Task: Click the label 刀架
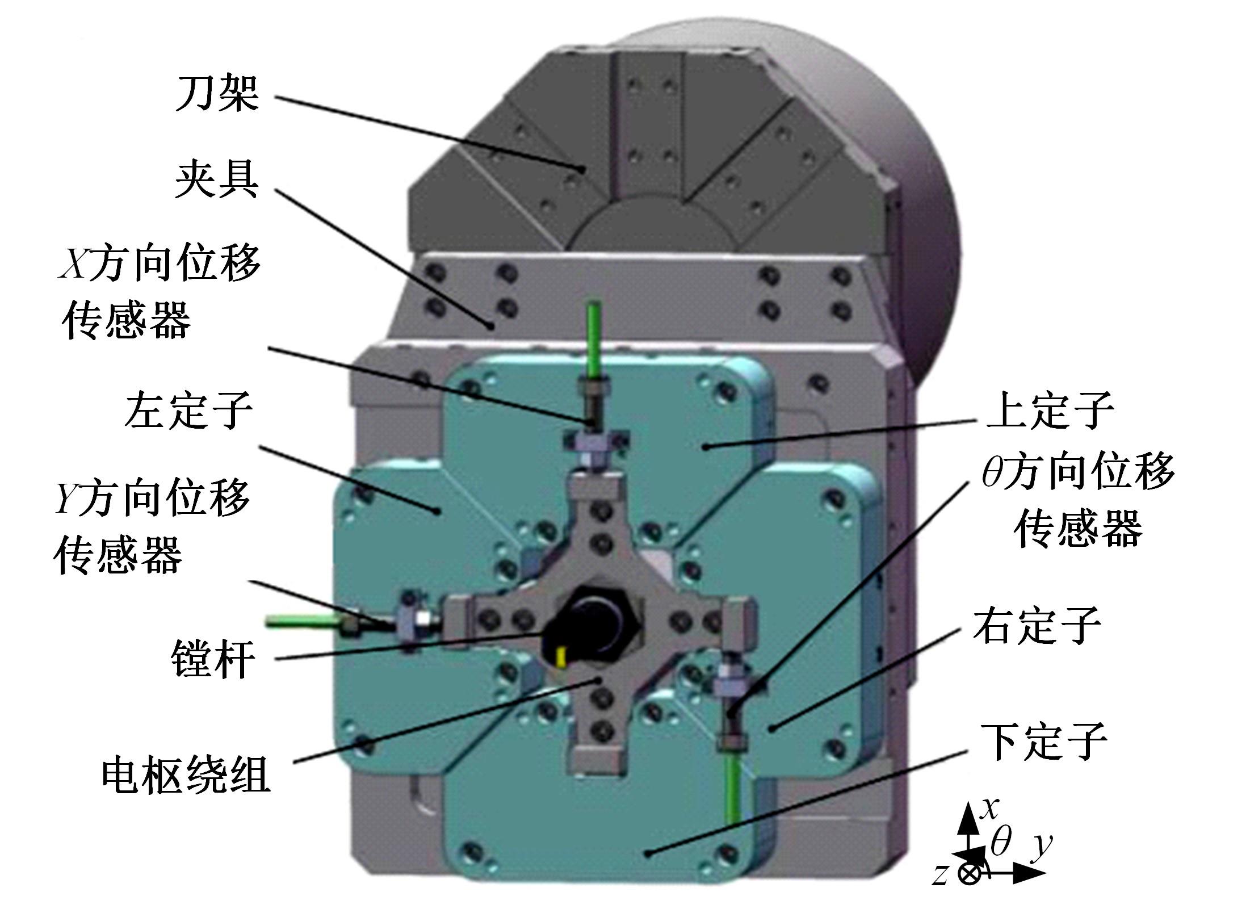tap(217, 94)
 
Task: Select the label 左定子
tap(188, 410)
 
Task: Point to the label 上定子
tap(1050, 409)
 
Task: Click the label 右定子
tap(1037, 626)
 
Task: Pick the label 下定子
tap(1044, 742)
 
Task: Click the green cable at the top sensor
tap(595, 340)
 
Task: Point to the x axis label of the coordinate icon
tap(989, 807)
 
